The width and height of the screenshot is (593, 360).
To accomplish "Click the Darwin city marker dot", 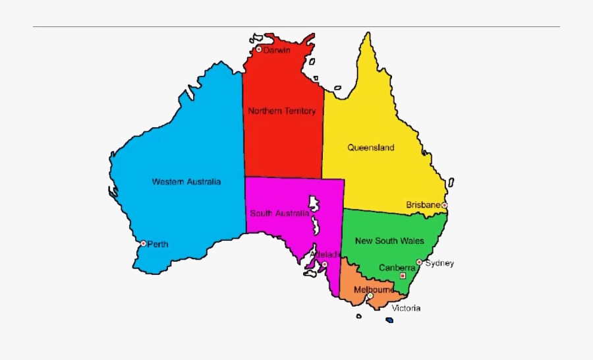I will (x=259, y=49).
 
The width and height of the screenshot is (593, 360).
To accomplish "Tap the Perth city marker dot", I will (x=143, y=243).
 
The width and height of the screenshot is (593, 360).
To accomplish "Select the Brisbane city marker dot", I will (x=445, y=205).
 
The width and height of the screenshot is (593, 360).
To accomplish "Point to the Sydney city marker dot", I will (x=419, y=262).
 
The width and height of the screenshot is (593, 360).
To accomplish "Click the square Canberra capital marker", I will (x=403, y=276).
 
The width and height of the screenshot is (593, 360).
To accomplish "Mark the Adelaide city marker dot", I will (x=324, y=264).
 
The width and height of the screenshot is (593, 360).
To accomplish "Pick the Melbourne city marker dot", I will (x=370, y=296).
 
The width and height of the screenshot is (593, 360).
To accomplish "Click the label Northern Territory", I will (x=282, y=111).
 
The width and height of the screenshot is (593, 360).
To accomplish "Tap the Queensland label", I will (x=371, y=147).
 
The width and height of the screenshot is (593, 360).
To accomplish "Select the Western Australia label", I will (x=186, y=181).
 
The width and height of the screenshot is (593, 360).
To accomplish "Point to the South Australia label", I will (x=279, y=213).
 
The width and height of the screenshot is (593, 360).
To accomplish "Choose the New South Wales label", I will (x=389, y=241).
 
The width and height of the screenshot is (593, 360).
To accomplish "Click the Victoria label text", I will (x=406, y=308).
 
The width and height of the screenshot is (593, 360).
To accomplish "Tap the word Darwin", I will (x=277, y=50).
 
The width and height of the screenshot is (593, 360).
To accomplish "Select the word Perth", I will (x=158, y=244).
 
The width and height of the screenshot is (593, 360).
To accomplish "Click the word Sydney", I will (x=439, y=263).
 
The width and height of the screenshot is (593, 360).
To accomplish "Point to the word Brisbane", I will (x=422, y=204).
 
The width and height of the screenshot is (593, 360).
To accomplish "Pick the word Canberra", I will (x=397, y=268).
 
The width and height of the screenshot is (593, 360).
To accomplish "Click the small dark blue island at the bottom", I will (x=389, y=320).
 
